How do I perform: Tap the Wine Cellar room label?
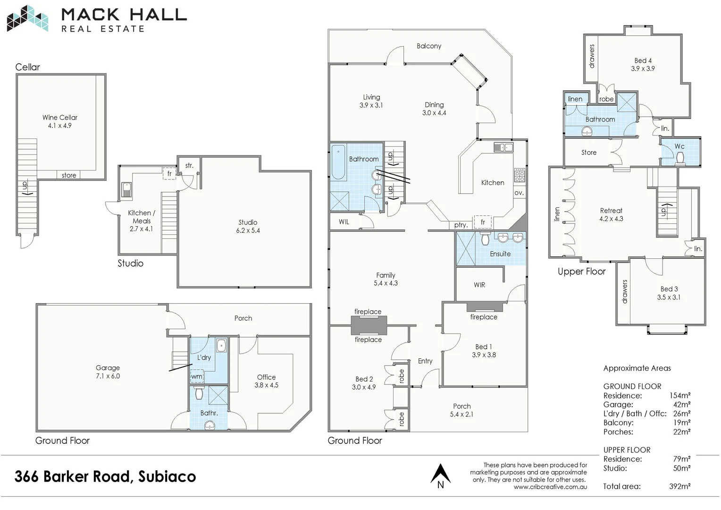tap(60, 118)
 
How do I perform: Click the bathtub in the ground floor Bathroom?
tap(337, 163)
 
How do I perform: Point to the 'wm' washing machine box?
tap(197, 376)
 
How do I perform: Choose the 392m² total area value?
tap(679, 486)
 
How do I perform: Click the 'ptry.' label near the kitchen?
tap(461, 225)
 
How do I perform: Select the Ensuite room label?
tap(500, 254)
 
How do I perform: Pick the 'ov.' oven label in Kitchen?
tap(519, 193)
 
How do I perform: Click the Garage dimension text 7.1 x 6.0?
tap(108, 376)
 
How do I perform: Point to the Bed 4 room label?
tap(643, 60)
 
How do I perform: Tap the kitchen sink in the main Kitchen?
tap(503, 147)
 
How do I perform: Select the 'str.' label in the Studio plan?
tap(189, 166)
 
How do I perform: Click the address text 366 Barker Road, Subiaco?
tap(105, 476)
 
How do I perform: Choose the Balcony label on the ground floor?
tap(429, 46)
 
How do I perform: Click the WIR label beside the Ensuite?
tap(479, 285)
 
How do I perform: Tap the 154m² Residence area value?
tap(679, 396)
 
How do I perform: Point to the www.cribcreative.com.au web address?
tap(550, 487)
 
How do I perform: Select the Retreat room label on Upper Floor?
tap(611, 211)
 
